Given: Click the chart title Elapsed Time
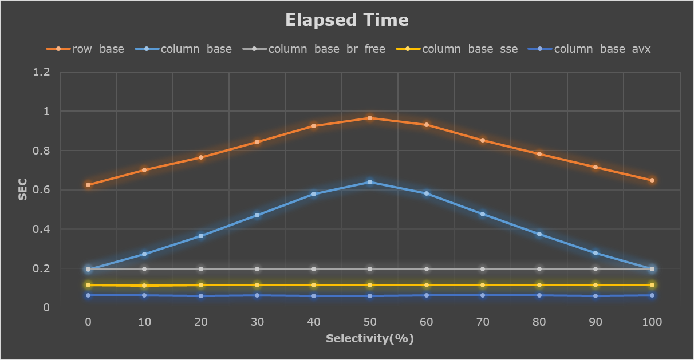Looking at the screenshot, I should point(347,20).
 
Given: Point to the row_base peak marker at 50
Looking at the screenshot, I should point(370,118).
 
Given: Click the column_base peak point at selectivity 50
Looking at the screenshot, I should point(370,182).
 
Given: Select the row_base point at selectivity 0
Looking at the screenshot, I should point(88,185).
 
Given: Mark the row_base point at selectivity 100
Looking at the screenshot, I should point(652,180).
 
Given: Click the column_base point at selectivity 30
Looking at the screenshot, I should point(257,215).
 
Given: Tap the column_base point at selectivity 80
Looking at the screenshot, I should point(539,234).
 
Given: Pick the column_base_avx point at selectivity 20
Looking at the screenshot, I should point(201,296).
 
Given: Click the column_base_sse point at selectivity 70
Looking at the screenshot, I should point(483,285).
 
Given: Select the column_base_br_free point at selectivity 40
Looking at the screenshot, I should point(314,269).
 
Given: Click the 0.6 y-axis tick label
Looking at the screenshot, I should point(42,190).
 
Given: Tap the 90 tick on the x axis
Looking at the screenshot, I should point(596,322).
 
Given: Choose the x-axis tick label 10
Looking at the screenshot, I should point(144,322).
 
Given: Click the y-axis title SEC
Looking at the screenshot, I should point(23,190).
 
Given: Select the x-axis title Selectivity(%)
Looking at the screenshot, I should point(370,338).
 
